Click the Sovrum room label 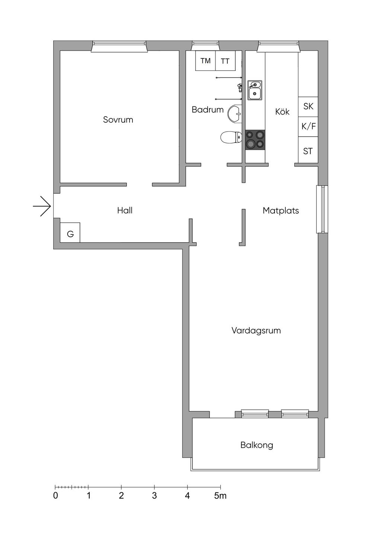coord(118,120)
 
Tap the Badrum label coord(208,110)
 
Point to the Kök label coord(282,112)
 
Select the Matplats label coord(281,211)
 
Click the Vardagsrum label coord(256,331)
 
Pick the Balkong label coord(257,445)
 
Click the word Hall coord(125,211)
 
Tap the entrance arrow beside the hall coord(42,206)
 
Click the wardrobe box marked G coord(70,233)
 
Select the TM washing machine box coord(205,61)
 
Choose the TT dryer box coord(225,61)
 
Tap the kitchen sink coord(255,90)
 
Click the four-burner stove coord(255,140)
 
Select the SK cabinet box coord(308,106)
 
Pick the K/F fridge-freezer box coord(308,127)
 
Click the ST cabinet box coord(308,151)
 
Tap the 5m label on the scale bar coord(220,496)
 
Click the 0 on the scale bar coord(55,496)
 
